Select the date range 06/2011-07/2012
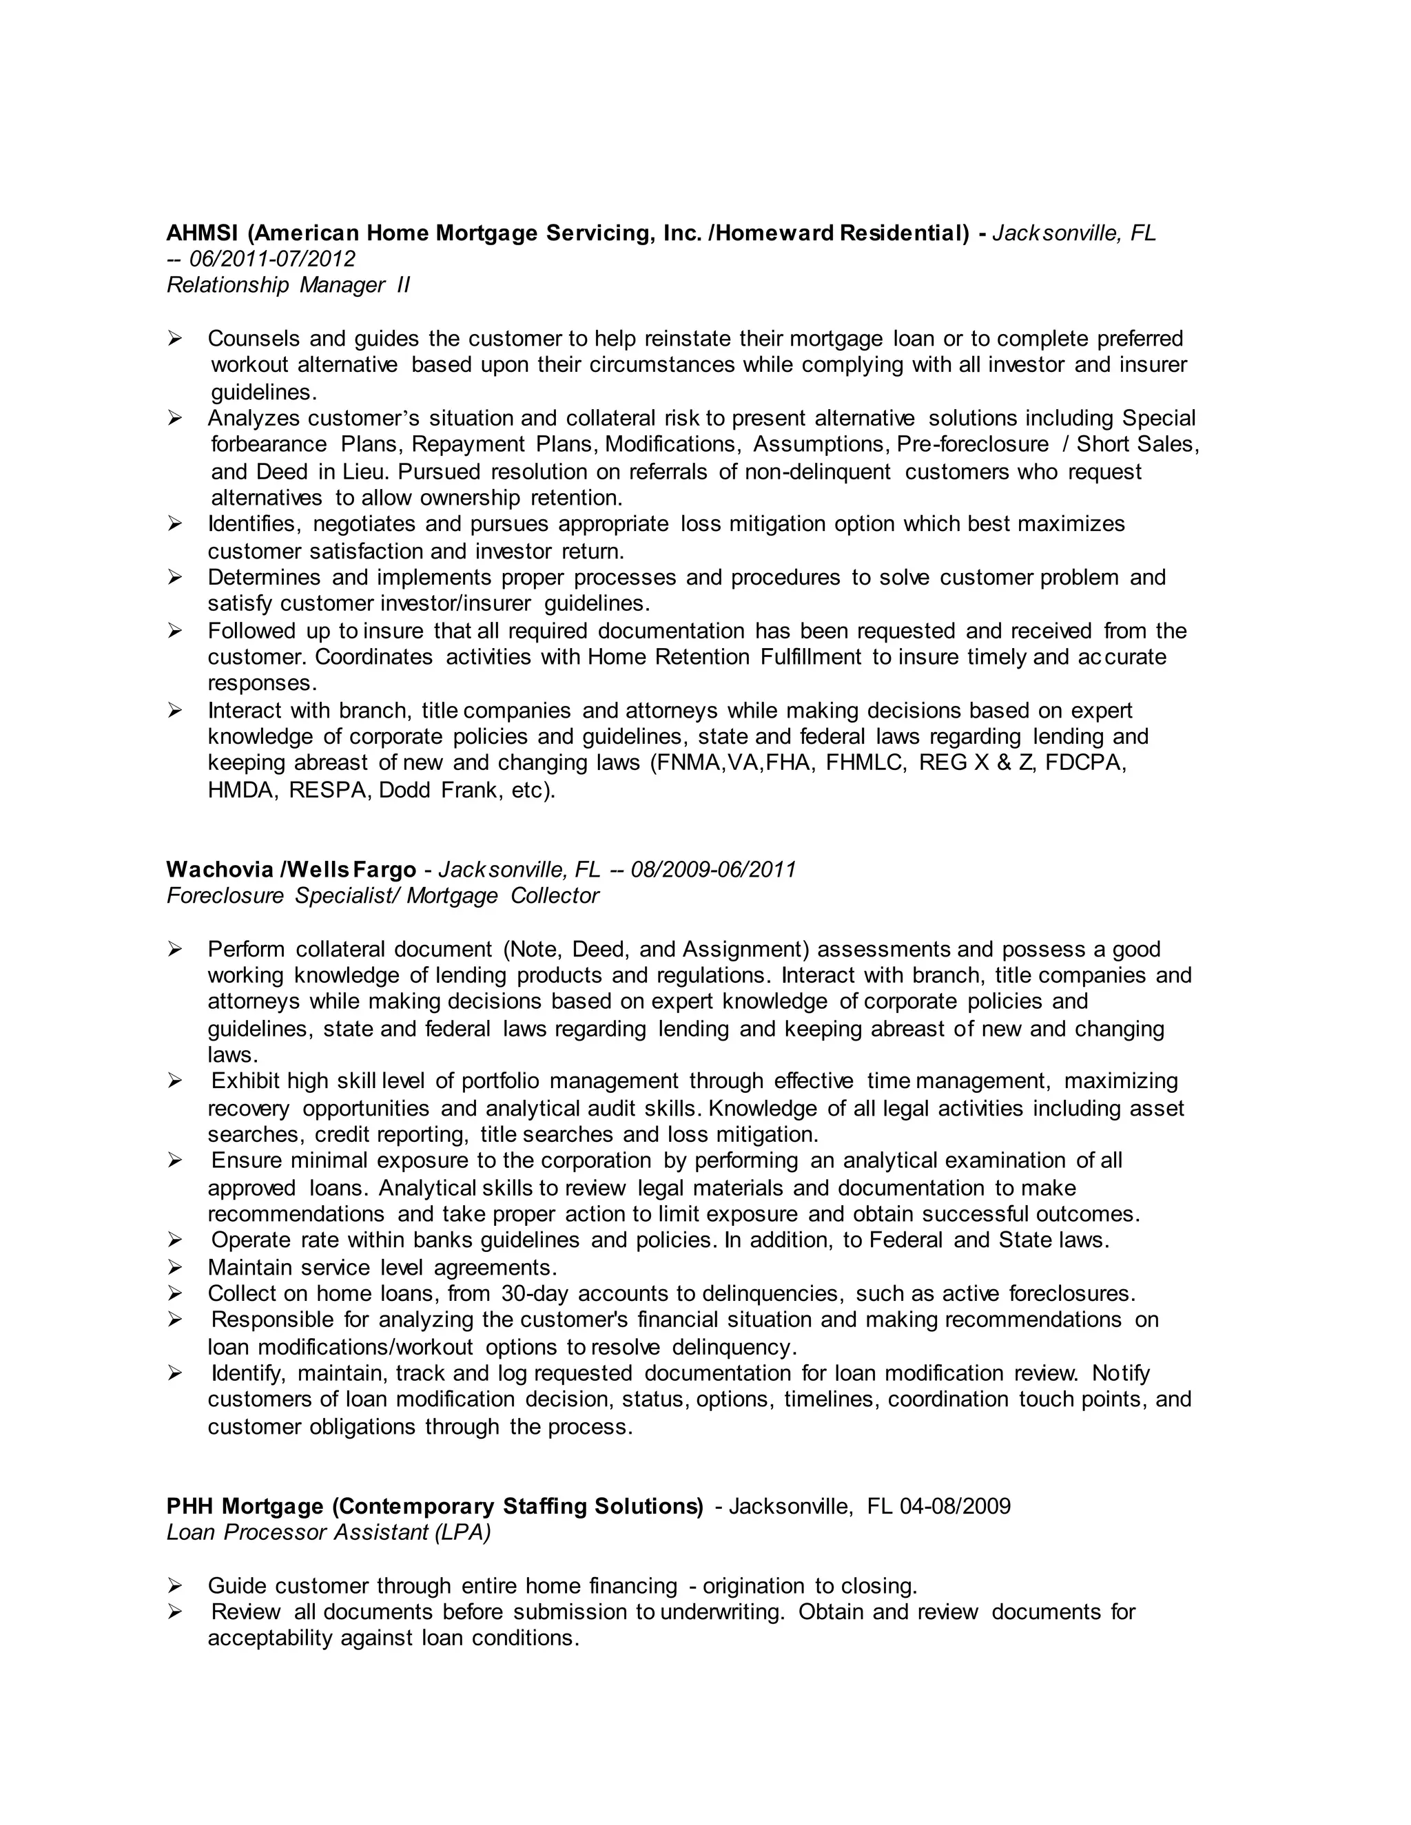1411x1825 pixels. [x=273, y=259]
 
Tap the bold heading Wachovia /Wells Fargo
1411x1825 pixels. [x=291, y=870]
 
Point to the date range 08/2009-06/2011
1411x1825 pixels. [x=713, y=870]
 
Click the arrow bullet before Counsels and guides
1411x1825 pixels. [x=175, y=338]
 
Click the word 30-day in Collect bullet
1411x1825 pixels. [x=534, y=1293]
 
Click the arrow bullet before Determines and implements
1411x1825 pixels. [x=175, y=577]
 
